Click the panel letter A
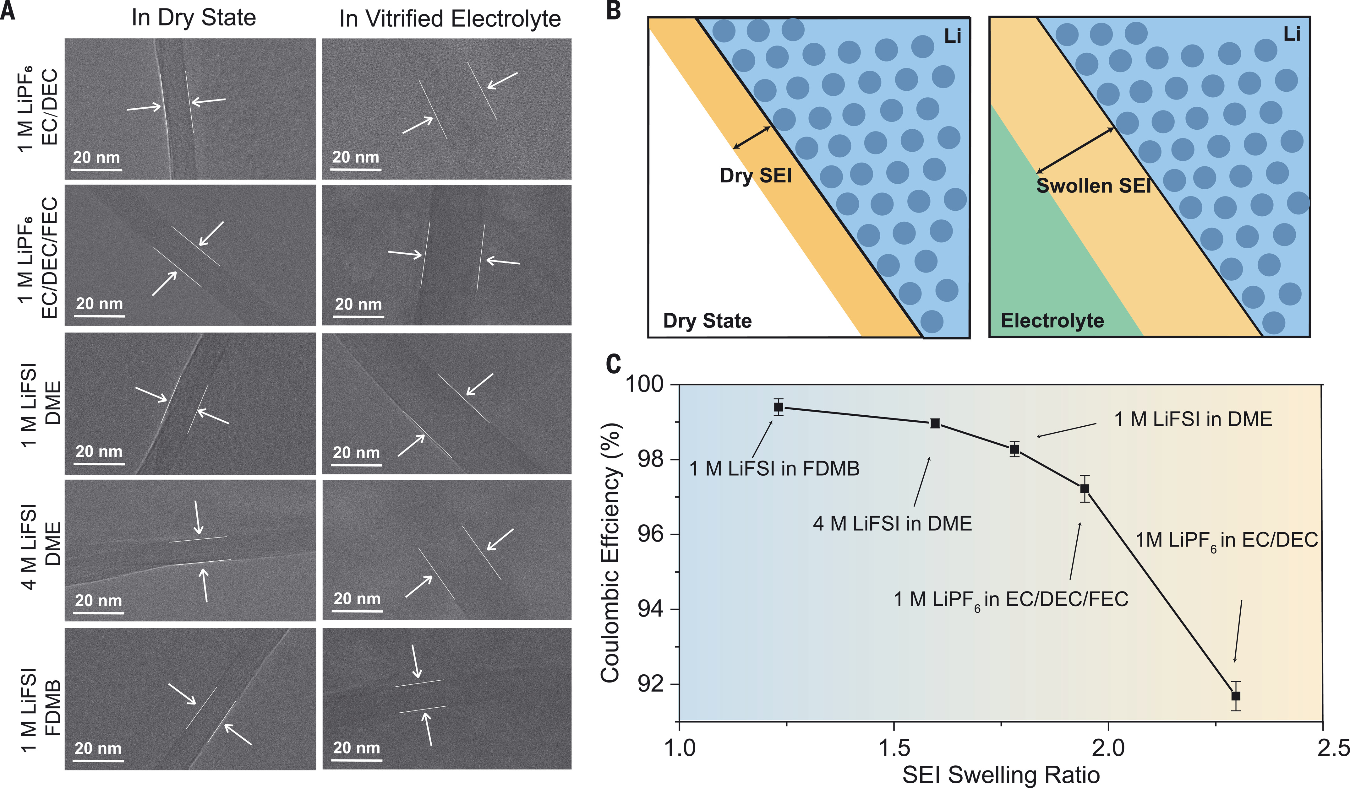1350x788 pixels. click(8, 11)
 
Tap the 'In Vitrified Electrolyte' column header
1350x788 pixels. click(450, 19)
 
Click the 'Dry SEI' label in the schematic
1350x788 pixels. click(755, 175)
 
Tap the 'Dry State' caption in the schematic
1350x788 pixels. click(707, 321)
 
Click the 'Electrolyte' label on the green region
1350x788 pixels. click(1052, 321)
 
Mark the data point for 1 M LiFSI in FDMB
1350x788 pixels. click(779, 407)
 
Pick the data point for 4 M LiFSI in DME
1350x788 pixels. click(935, 424)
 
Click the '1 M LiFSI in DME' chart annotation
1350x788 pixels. click(1193, 419)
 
